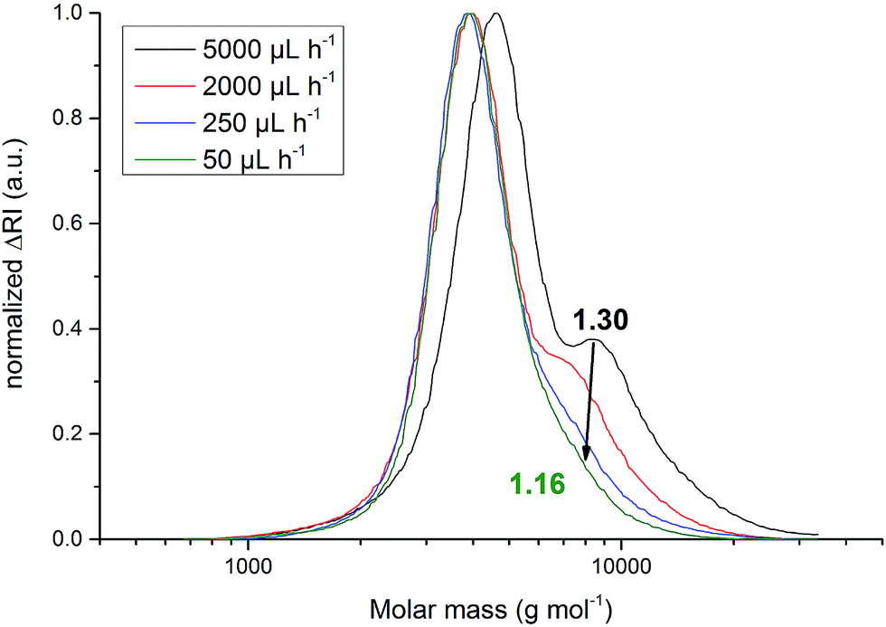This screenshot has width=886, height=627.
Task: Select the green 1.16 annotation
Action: click(538, 485)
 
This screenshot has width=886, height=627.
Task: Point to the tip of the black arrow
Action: click(585, 461)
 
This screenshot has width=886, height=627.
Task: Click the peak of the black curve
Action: click(495, 14)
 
